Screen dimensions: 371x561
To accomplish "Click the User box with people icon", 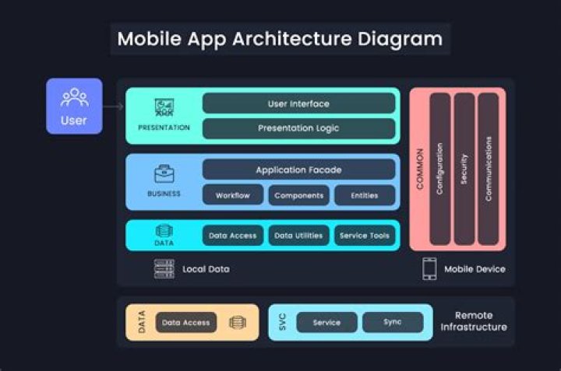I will point(74,106).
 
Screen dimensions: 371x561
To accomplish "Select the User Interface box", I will point(298,103).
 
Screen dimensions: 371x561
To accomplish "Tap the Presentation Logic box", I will point(298,128).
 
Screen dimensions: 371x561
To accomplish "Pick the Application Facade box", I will point(298,170).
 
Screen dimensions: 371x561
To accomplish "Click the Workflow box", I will point(232,195).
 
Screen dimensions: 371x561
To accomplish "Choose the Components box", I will point(298,195).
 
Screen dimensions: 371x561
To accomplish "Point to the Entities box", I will point(364,195).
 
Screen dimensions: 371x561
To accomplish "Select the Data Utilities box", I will point(298,235).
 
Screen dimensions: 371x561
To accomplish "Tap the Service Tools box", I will point(364,235).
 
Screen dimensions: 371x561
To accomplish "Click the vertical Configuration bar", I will point(440,169).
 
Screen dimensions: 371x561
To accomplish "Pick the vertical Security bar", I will point(464,169).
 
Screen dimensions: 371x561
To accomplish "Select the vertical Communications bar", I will point(488,169).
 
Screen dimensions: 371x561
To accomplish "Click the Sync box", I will point(393,322).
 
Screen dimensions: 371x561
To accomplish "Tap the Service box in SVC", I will point(326,322).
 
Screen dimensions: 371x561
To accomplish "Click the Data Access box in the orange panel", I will point(185,322).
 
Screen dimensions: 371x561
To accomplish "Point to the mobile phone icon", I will point(429,269).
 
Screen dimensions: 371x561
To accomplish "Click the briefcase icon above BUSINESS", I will point(164,174).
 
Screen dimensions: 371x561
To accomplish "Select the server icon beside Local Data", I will point(164,269).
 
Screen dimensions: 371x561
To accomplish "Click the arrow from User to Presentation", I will point(114,106).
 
